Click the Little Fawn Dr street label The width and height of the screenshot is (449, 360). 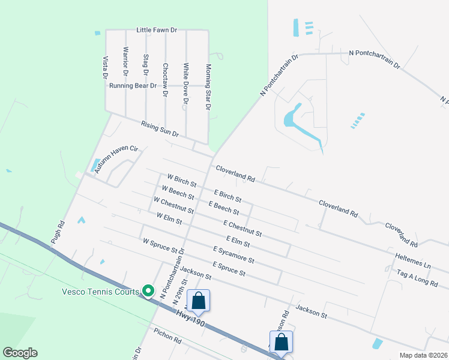click(x=157, y=29)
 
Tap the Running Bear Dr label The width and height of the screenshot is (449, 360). click(x=133, y=86)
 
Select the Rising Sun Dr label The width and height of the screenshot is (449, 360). click(x=160, y=128)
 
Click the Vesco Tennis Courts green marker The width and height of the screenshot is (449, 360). click(x=148, y=292)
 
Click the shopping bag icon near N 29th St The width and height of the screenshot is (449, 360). click(x=198, y=301)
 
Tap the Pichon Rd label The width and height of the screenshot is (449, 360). click(x=167, y=338)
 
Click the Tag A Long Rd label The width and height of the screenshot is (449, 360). click(x=417, y=277)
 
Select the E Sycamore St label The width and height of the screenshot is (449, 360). click(x=234, y=254)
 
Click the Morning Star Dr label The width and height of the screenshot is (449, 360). click(x=208, y=87)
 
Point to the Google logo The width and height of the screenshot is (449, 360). click(x=20, y=353)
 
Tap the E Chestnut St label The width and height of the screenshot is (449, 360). click(x=242, y=228)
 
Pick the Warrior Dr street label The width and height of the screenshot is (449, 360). click(x=125, y=61)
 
